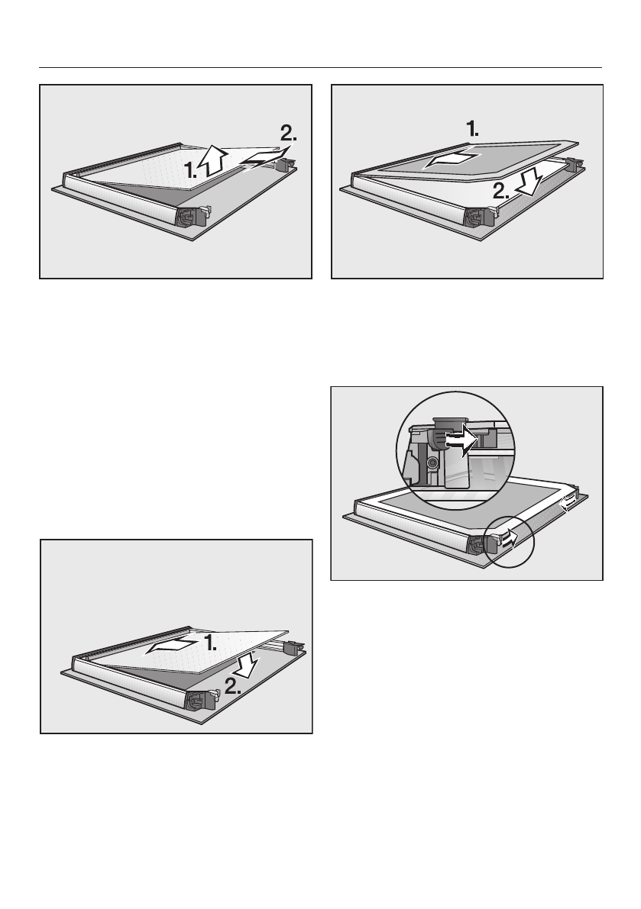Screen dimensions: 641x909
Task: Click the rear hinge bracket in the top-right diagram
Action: coord(575,164)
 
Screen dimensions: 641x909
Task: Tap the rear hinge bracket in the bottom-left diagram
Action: coord(292,646)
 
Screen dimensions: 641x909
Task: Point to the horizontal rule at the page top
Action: coord(321,67)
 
